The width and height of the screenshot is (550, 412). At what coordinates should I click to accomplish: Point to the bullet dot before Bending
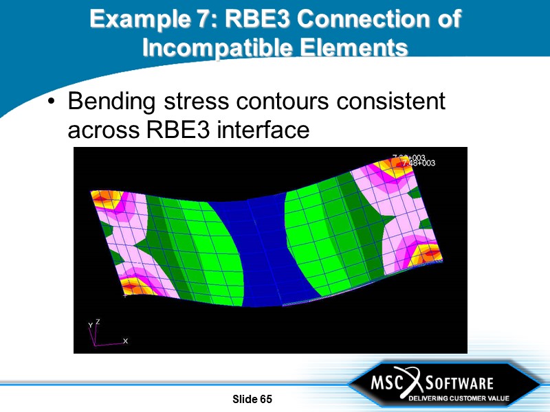click(x=52, y=104)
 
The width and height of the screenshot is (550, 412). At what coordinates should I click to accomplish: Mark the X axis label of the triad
click(x=125, y=341)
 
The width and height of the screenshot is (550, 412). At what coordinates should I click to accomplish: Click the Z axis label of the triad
click(x=97, y=321)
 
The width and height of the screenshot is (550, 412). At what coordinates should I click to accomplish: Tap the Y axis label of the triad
click(x=90, y=325)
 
